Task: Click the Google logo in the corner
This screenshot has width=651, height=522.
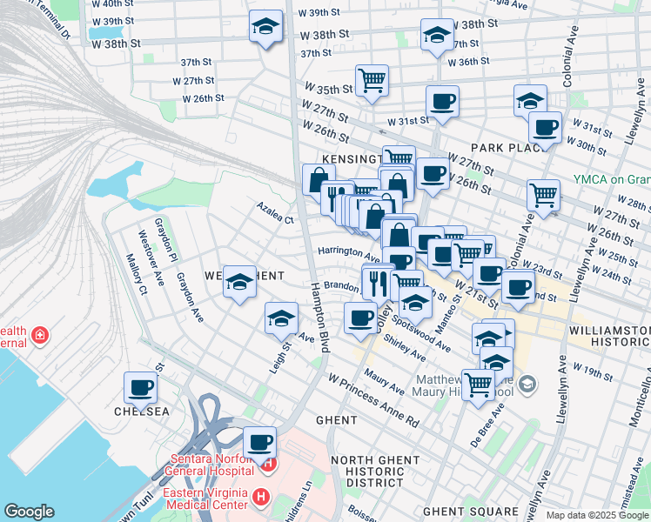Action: (29, 512)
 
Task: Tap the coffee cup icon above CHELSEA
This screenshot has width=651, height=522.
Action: (140, 388)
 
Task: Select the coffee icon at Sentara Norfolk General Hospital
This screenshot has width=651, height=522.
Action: (258, 442)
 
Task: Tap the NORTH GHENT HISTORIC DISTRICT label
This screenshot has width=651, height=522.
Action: (367, 471)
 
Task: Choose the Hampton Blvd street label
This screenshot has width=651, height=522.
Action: (321, 317)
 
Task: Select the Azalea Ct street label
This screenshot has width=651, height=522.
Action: (275, 213)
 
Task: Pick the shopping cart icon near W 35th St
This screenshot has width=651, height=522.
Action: (372, 80)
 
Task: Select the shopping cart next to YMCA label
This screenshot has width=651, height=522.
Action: (543, 195)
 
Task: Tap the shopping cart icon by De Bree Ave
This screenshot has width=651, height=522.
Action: (478, 384)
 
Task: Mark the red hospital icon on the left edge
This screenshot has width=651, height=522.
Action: (39, 335)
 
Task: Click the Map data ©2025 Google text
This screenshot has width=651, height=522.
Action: (597, 515)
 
